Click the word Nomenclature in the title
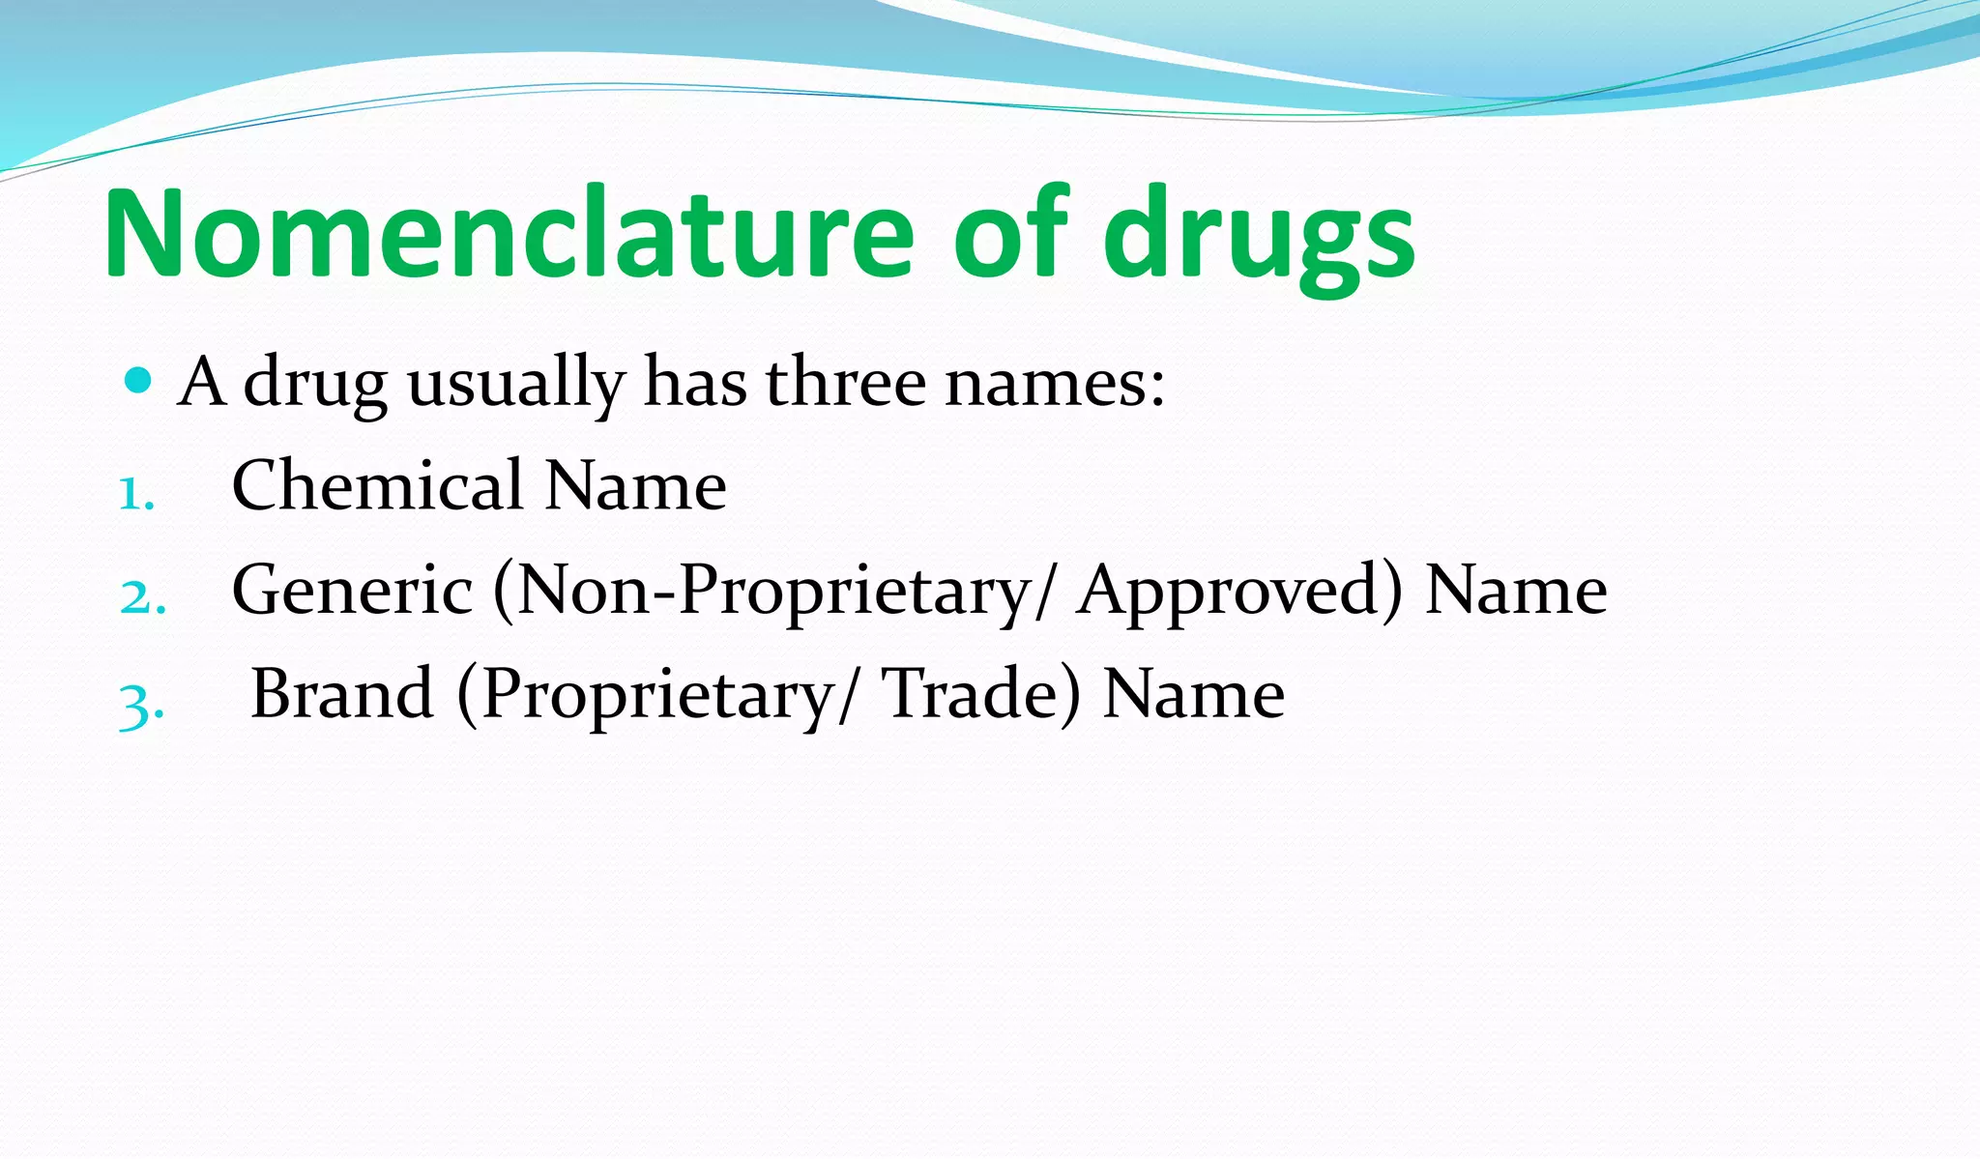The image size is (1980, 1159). pyautogui.click(x=508, y=235)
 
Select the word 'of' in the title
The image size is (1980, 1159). pyautogui.click(x=1011, y=235)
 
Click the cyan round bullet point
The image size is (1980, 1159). pyautogui.click(x=139, y=381)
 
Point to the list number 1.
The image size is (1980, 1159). pyautogui.click(x=136, y=494)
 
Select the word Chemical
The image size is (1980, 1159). pyautogui.click(x=377, y=484)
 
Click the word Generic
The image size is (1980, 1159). pyautogui.click(x=352, y=589)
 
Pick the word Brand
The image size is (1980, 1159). pyautogui.click(x=341, y=693)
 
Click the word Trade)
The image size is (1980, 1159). pyautogui.click(x=981, y=695)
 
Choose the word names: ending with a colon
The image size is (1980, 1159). pyautogui.click(x=1055, y=383)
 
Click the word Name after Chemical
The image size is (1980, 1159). pyautogui.click(x=635, y=484)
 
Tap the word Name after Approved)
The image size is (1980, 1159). pyautogui.click(x=1516, y=589)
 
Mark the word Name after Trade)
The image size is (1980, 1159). pyautogui.click(x=1193, y=693)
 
